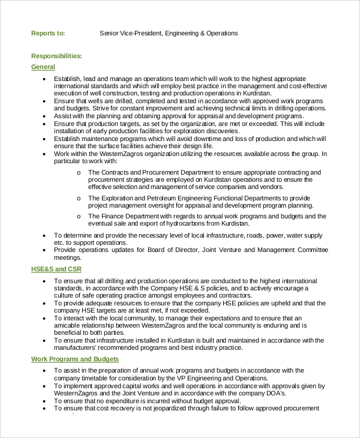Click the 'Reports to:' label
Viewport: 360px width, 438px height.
(48, 33)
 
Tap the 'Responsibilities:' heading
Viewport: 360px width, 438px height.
(56, 56)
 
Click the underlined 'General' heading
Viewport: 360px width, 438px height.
(43, 67)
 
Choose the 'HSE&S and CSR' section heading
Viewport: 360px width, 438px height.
(56, 269)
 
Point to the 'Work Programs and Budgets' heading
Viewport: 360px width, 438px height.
(75, 359)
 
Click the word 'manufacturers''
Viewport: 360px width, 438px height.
(76, 347)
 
